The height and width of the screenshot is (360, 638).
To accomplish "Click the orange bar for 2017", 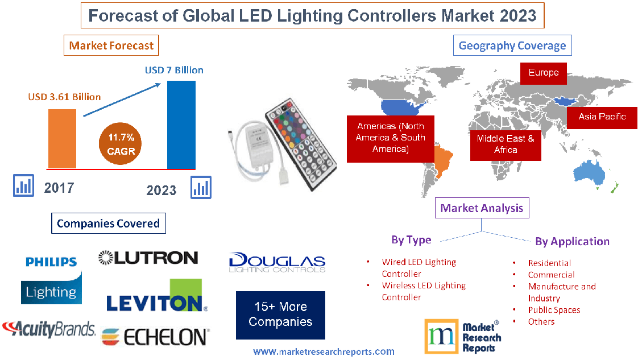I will pos(61,138).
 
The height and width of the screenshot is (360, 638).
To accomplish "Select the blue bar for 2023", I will pos(181,125).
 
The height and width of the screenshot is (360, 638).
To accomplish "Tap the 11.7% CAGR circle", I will pos(121,144).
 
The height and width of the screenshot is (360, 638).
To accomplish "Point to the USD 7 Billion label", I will pos(174,70).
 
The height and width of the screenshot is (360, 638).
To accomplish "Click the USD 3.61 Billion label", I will pos(64,97).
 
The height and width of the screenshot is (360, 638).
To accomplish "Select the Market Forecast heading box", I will pos(111,45).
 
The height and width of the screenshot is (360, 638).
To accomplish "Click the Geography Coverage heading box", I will pos(512,45).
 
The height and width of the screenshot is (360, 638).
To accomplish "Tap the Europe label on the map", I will pos(544,73).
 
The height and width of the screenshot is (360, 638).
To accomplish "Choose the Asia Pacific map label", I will pos(602,117).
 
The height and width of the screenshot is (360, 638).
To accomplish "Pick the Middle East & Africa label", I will pos(505,144).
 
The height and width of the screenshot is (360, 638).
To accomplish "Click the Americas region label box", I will pos(390,138).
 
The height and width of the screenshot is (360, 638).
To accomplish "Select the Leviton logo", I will pos(155,297).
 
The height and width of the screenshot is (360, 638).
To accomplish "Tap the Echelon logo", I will pos(155,337).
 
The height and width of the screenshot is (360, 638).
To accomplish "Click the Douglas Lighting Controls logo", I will pos(277,262).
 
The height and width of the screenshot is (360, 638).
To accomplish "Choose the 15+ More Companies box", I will pos(280,315).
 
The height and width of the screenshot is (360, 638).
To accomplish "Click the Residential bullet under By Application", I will pos(549,263).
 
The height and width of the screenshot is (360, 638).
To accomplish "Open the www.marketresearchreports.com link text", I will pos(324,351).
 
